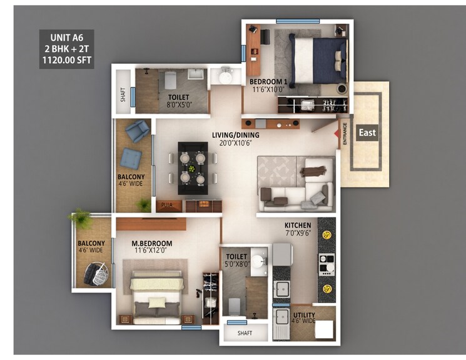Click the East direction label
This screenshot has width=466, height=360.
[x=368, y=132]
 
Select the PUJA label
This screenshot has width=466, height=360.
[x=167, y=204]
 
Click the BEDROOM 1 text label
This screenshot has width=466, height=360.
[x=268, y=81]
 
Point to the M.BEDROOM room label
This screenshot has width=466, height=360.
[x=152, y=243]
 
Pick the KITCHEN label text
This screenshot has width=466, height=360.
[x=298, y=225]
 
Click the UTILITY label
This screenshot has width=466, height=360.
[x=304, y=315]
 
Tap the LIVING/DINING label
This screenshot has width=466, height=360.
[x=235, y=134]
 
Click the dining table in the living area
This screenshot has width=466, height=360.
[x=192, y=167]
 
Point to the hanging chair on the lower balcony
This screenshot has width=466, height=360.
[x=97, y=272]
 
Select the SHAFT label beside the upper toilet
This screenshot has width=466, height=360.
[x=123, y=96]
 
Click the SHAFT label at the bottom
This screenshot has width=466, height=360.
[x=245, y=334]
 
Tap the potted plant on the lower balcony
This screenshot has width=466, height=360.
[x=81, y=219]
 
